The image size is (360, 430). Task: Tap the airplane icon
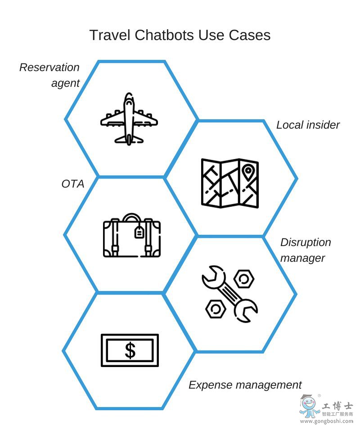(129, 119)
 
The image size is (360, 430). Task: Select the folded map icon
(229, 183)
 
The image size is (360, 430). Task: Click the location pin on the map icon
(247, 171)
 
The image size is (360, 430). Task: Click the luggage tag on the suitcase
(139, 232)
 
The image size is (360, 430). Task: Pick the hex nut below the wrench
(215, 309)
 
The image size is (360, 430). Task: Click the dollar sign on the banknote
(130, 350)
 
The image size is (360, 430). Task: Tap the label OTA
(73, 184)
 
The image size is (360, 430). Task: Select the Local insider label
(308, 125)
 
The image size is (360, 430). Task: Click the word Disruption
(306, 242)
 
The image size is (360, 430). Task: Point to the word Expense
(211, 385)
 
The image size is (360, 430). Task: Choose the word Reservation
(49, 67)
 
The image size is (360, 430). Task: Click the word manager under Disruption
(302, 259)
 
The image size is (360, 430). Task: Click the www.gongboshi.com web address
(326, 421)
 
